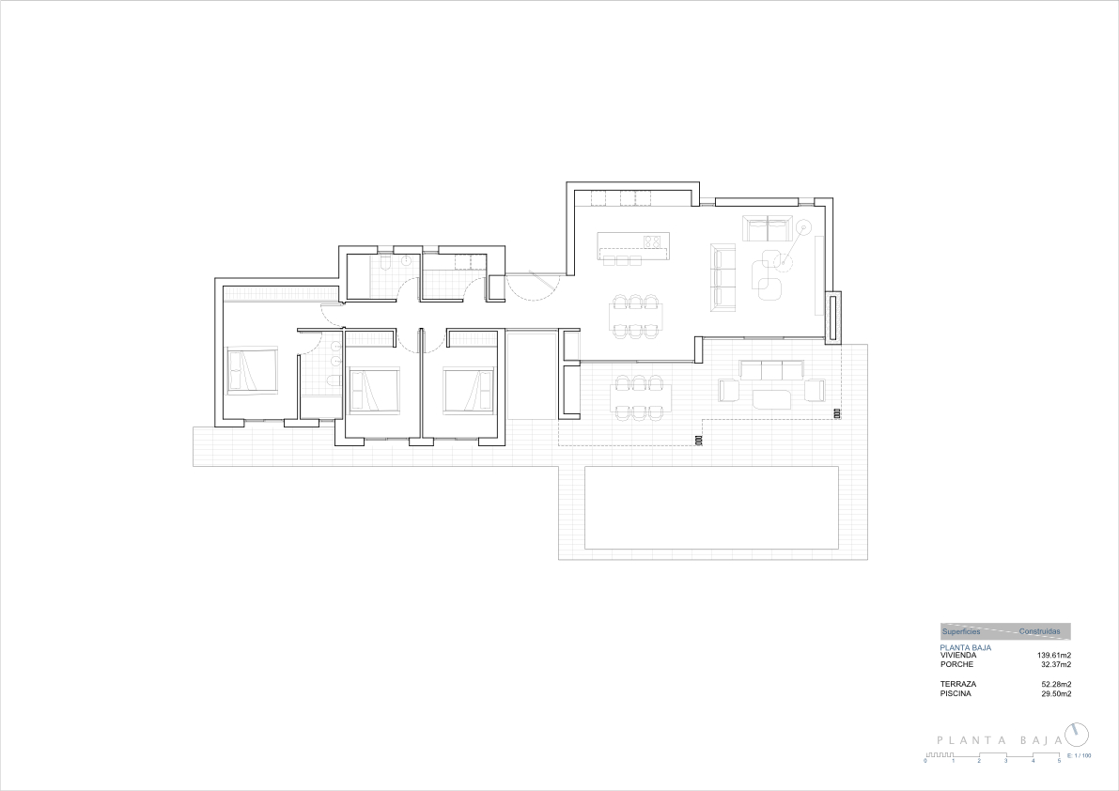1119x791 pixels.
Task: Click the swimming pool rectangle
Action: [711, 507]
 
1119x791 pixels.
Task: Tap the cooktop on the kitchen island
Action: [654, 241]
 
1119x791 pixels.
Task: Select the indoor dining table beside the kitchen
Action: [637, 316]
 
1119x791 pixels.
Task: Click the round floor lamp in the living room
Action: [803, 227]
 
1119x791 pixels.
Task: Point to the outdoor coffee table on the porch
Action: [771, 399]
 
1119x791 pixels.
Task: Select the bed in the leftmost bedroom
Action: [252, 370]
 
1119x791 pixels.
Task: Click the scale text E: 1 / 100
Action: [1078, 755]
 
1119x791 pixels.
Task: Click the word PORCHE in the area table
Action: [956, 664]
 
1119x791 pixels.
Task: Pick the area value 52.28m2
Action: [1055, 684]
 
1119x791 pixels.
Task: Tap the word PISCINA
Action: [956, 693]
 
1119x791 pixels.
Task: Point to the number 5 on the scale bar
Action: [1059, 761]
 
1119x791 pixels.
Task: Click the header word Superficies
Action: [960, 632]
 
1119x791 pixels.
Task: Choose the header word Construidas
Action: [1039, 632]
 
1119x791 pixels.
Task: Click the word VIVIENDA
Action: [958, 656]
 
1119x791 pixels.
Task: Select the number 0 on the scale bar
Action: [925, 761]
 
